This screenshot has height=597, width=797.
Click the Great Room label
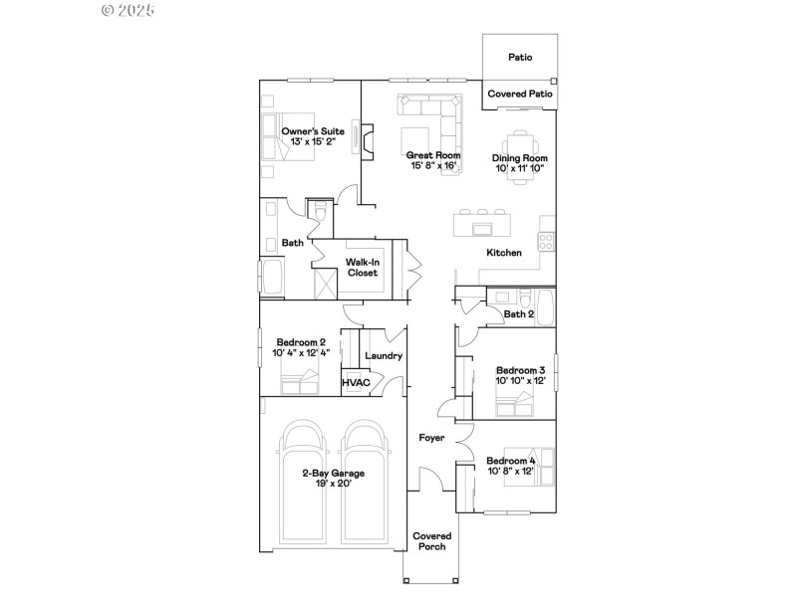(433, 155)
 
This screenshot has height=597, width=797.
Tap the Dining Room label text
(520, 158)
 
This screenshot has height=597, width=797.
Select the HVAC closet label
(356, 382)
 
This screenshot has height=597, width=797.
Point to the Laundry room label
(384, 356)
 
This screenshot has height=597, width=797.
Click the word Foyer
(431, 437)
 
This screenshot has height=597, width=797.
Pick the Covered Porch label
(430, 541)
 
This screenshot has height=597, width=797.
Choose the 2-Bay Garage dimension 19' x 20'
(328, 482)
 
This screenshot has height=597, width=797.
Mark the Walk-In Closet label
(362, 267)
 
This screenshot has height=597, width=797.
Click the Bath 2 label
(518, 314)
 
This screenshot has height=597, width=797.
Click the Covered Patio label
(520, 94)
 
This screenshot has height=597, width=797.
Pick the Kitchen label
(503, 253)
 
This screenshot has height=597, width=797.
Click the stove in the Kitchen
(546, 239)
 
